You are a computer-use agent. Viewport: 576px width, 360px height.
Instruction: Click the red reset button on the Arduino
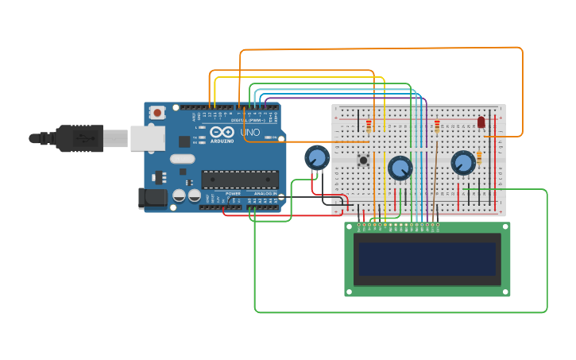click(157, 113)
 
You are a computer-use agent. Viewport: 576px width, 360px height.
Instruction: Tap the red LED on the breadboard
click(481, 122)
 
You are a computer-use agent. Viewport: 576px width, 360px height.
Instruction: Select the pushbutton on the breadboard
click(363, 161)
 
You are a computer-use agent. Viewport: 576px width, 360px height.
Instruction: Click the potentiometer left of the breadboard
click(317, 157)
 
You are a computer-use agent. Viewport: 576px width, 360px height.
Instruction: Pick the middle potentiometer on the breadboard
click(400, 168)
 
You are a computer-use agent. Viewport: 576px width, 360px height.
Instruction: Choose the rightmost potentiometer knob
click(462, 163)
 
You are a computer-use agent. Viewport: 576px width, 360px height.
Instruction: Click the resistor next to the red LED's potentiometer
click(479, 158)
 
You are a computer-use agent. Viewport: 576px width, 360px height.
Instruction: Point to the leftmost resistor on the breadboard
click(369, 126)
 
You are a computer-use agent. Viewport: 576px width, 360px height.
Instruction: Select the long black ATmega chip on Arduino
click(239, 180)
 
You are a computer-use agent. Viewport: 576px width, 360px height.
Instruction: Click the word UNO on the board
click(250, 132)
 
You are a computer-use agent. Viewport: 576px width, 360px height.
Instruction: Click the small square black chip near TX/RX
click(184, 141)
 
